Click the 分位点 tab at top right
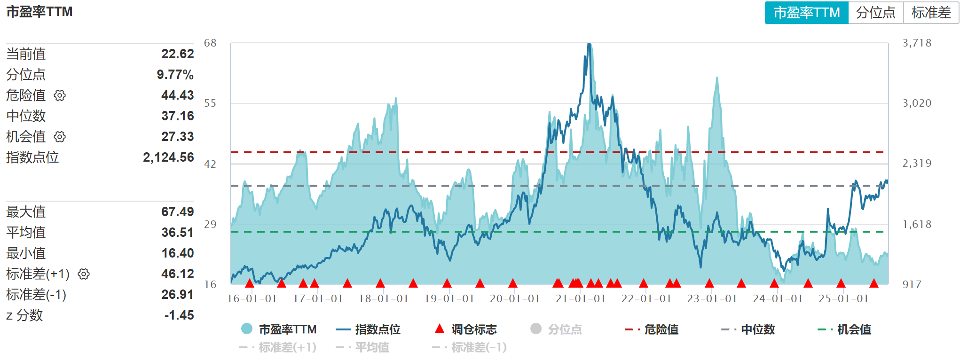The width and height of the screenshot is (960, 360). click(875, 13)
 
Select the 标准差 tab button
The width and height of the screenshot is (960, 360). click(931, 13)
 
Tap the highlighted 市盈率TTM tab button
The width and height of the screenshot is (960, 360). click(806, 13)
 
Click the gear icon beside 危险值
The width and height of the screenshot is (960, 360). click(60, 95)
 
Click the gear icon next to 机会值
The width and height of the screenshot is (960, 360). click(60, 137)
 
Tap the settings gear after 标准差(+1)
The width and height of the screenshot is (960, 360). click(84, 274)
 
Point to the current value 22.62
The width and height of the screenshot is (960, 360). click(177, 54)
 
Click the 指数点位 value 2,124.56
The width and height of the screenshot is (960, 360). click(168, 157)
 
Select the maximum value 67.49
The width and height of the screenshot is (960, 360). click(177, 212)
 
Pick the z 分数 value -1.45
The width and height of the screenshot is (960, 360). click(179, 315)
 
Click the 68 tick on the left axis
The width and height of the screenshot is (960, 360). click(210, 43)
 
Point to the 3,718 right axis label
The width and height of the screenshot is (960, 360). click(917, 43)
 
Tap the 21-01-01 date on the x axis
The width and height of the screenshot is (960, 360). click(581, 299)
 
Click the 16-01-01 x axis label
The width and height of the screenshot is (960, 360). click(252, 299)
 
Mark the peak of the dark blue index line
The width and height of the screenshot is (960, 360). click(589, 44)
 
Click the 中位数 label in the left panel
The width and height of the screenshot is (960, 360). click(26, 116)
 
